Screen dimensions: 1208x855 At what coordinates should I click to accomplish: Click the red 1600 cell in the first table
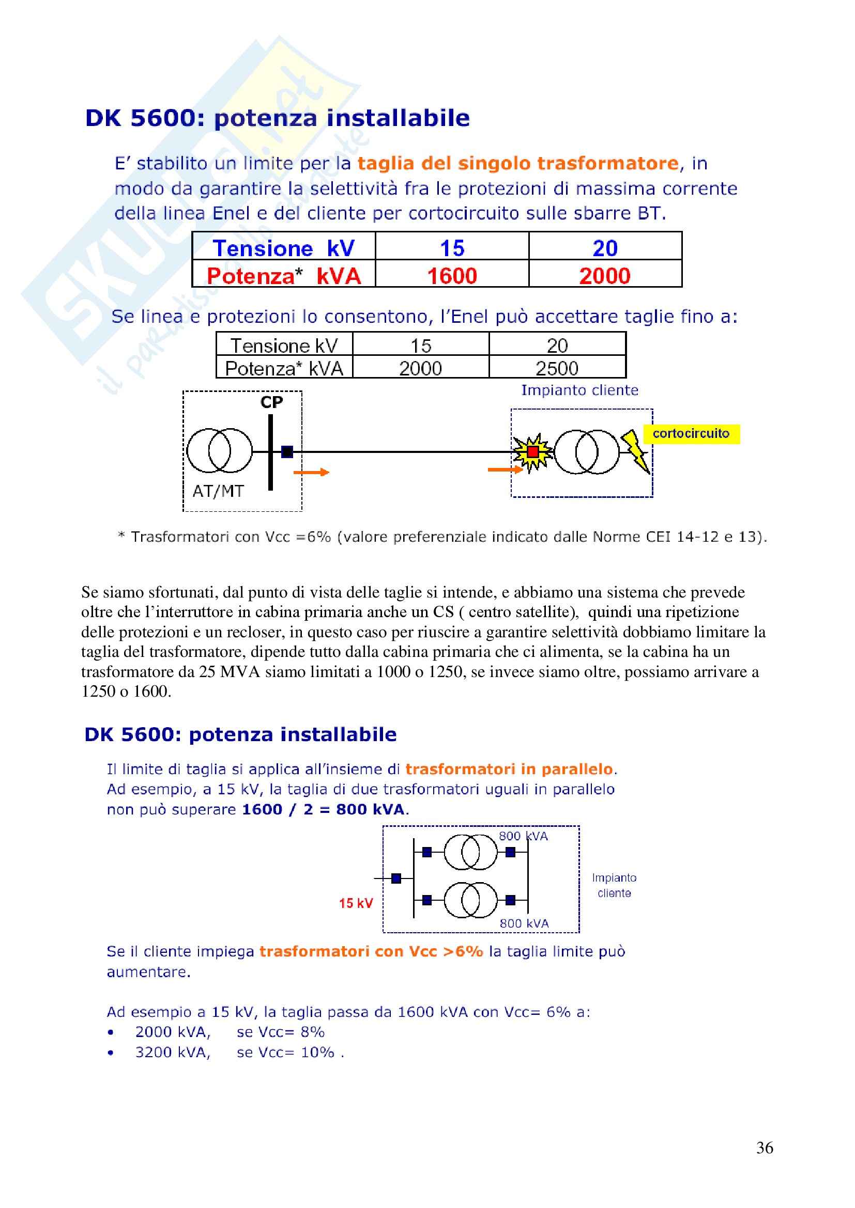[452, 276]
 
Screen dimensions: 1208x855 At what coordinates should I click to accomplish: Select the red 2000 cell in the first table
[604, 276]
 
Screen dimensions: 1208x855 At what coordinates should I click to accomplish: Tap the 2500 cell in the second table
[557, 368]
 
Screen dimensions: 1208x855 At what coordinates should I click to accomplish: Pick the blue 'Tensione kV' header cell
[283, 248]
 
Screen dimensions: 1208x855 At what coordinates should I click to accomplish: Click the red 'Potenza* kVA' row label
[283, 276]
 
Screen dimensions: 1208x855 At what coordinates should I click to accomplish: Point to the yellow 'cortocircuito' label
[691, 433]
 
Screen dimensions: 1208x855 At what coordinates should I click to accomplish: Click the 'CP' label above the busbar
[272, 402]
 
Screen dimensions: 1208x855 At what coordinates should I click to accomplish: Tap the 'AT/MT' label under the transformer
[218, 491]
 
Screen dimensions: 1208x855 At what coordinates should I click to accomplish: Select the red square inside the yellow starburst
[533, 451]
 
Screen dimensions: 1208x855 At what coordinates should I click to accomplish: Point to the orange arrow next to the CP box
[311, 473]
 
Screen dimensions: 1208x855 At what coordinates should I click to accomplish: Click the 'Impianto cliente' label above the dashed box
[579, 390]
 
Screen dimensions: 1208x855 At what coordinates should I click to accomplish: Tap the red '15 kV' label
[356, 903]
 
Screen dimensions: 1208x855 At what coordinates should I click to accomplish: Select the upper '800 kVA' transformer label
[523, 837]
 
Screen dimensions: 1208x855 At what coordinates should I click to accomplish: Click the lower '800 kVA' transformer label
[524, 923]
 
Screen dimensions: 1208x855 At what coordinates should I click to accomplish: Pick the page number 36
[765, 1148]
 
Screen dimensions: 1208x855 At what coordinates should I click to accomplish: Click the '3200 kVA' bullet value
[173, 1052]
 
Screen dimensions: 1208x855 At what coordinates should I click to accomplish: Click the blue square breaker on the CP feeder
[287, 451]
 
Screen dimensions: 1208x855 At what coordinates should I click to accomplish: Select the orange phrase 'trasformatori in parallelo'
[509, 769]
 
